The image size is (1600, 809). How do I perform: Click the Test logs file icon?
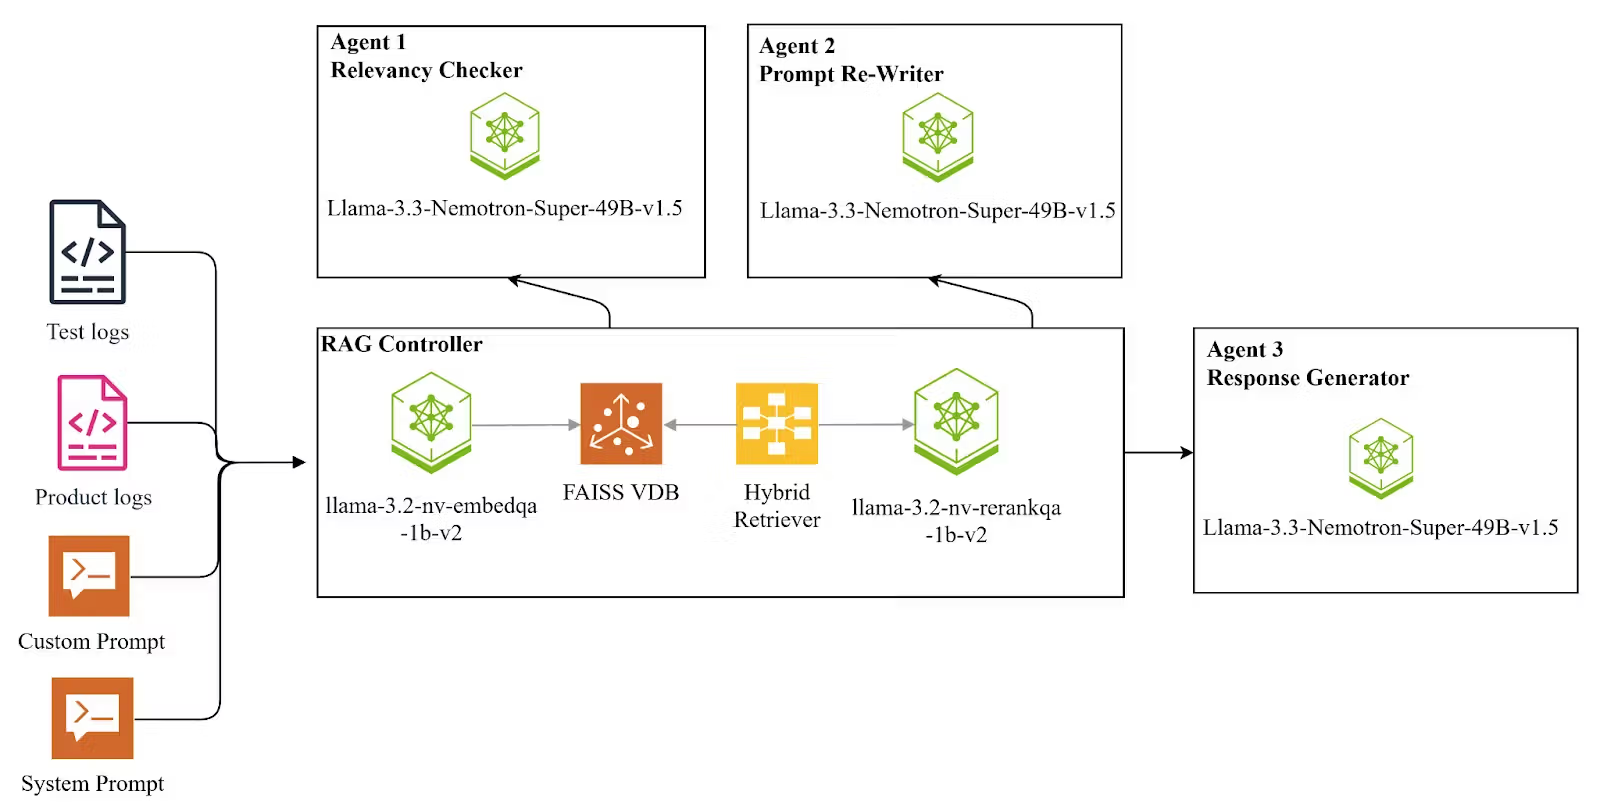pos(88,252)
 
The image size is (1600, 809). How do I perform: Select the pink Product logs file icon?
pos(92,422)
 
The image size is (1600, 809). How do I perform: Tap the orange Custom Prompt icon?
pos(89,576)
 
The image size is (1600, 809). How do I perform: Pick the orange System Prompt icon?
pos(92,718)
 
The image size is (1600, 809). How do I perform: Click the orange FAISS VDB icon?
pos(621,424)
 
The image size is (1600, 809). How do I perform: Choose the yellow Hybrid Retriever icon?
pos(777,424)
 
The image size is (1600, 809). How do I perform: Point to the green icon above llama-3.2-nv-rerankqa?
pos(956,420)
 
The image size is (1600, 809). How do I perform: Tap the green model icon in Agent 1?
pos(505,136)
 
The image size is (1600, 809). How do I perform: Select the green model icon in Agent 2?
pos(937,137)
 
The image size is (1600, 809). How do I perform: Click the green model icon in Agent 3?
pos(1380,458)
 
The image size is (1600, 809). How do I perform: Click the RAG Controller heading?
pos(402,344)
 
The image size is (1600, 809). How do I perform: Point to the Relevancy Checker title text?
pos(426,70)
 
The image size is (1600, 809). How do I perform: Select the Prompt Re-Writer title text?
pos(851,74)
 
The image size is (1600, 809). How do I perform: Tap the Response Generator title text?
pos(1307,378)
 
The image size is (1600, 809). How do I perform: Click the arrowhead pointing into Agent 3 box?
pos(1186,453)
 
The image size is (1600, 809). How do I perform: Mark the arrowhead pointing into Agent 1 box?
pos(515,281)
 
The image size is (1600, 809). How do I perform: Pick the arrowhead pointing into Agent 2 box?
pos(936,281)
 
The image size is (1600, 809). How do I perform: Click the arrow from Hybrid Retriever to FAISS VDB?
pos(700,425)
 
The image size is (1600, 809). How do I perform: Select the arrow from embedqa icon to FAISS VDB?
pos(525,425)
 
